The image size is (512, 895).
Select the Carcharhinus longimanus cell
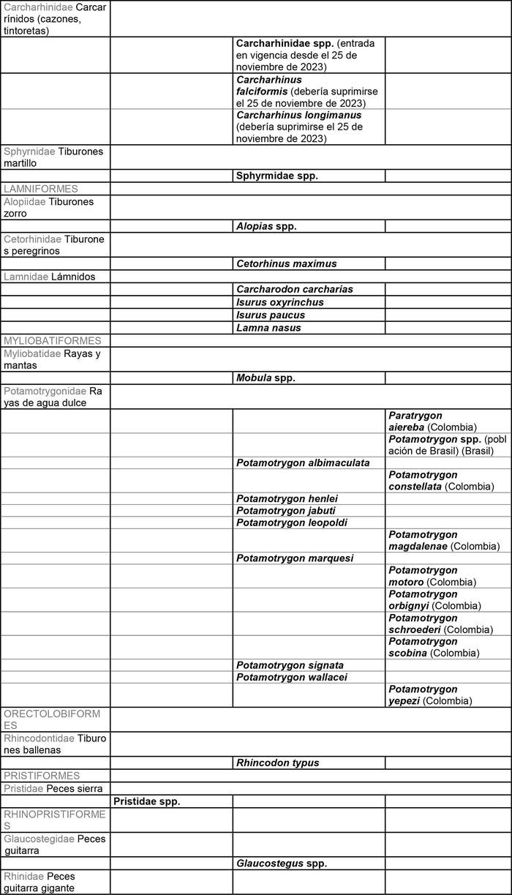coord(300,127)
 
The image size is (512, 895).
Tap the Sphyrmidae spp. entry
coord(277,176)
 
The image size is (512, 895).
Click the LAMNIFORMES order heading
coord(41,189)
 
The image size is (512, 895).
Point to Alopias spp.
coord(266,226)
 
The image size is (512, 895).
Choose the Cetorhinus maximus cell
coord(287,263)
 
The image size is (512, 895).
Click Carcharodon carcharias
coord(295,289)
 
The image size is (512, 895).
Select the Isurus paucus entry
coord(271,315)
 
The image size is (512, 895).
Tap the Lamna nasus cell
coord(268,328)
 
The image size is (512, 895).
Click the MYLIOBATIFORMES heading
coord(53,341)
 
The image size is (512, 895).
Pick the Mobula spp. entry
coord(266,378)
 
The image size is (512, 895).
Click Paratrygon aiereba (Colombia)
coord(432,422)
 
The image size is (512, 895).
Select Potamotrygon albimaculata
coord(303,463)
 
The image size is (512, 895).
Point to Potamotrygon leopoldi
coord(292,523)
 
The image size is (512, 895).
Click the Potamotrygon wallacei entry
coord(292,677)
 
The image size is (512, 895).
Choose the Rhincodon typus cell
coord(278,763)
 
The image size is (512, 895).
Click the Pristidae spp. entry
coord(147,801)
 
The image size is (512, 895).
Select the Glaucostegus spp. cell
coord(282,864)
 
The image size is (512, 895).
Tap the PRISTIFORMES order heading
coord(42,776)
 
